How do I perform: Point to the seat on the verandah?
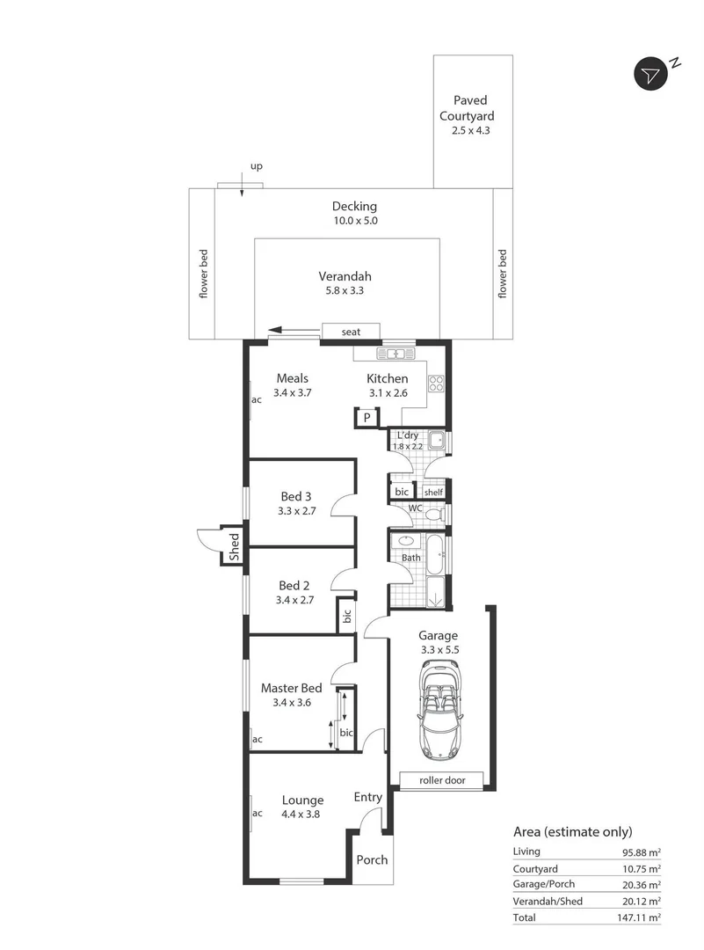tap(351, 331)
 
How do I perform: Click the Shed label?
tap(234, 547)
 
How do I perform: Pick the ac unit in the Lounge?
tap(257, 813)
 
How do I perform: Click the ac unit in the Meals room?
tap(257, 399)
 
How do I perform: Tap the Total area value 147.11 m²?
tap(641, 917)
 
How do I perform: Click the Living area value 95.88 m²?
tap(642, 851)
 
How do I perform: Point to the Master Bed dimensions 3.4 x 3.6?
tap(291, 703)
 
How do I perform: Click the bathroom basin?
tap(407, 541)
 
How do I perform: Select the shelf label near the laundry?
tap(433, 492)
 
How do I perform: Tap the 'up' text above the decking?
tap(257, 165)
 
